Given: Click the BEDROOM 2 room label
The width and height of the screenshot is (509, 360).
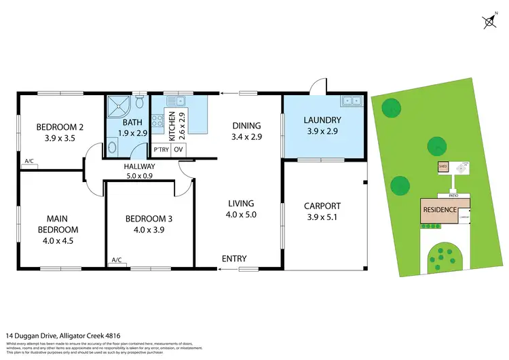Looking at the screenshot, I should coord(60,126).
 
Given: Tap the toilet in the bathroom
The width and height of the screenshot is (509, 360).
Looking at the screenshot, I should coord(140,103).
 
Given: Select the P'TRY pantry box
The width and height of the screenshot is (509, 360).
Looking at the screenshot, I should coord(161,149).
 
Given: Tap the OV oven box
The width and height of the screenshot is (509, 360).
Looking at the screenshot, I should coord(178,149).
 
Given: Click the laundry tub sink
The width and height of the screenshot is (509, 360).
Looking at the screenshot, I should coord(352,101).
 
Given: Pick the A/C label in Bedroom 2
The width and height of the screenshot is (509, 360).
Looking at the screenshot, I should coord(29,162).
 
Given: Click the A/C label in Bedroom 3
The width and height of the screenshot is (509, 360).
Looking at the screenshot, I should coord(116,260).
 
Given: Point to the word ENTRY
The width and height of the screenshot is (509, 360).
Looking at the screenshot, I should coord(234,259).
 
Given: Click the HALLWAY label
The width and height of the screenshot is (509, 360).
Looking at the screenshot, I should coord(139,166).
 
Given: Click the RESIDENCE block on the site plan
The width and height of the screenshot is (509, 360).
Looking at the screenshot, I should coord(439,209).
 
